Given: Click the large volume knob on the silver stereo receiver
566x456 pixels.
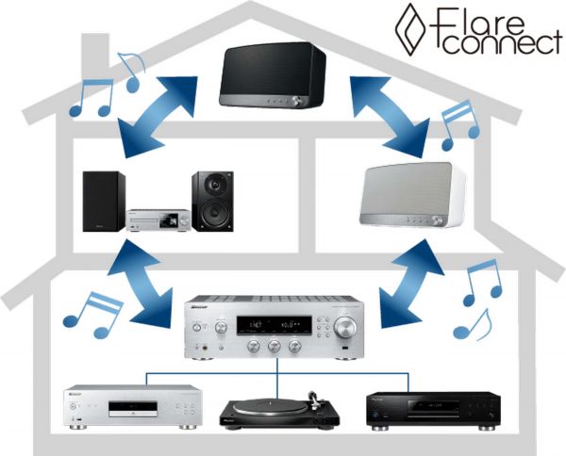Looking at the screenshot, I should [x=346, y=328].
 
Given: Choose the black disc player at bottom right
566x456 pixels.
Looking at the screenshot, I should [x=429, y=407].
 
